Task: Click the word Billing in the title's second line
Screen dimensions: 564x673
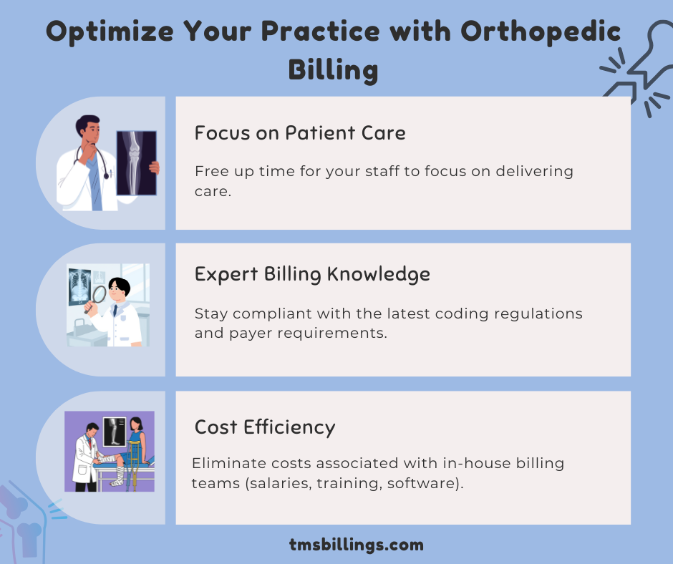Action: coord(333,71)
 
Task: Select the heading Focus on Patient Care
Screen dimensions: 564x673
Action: coord(300,133)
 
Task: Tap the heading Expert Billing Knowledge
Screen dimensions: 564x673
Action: coord(312,274)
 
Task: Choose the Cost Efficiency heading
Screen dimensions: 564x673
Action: coord(265,427)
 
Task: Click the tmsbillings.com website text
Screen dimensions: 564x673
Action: coord(357,545)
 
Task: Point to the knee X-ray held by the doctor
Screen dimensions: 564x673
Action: coord(137,163)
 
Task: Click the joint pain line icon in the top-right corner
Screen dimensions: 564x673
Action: coord(636,64)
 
